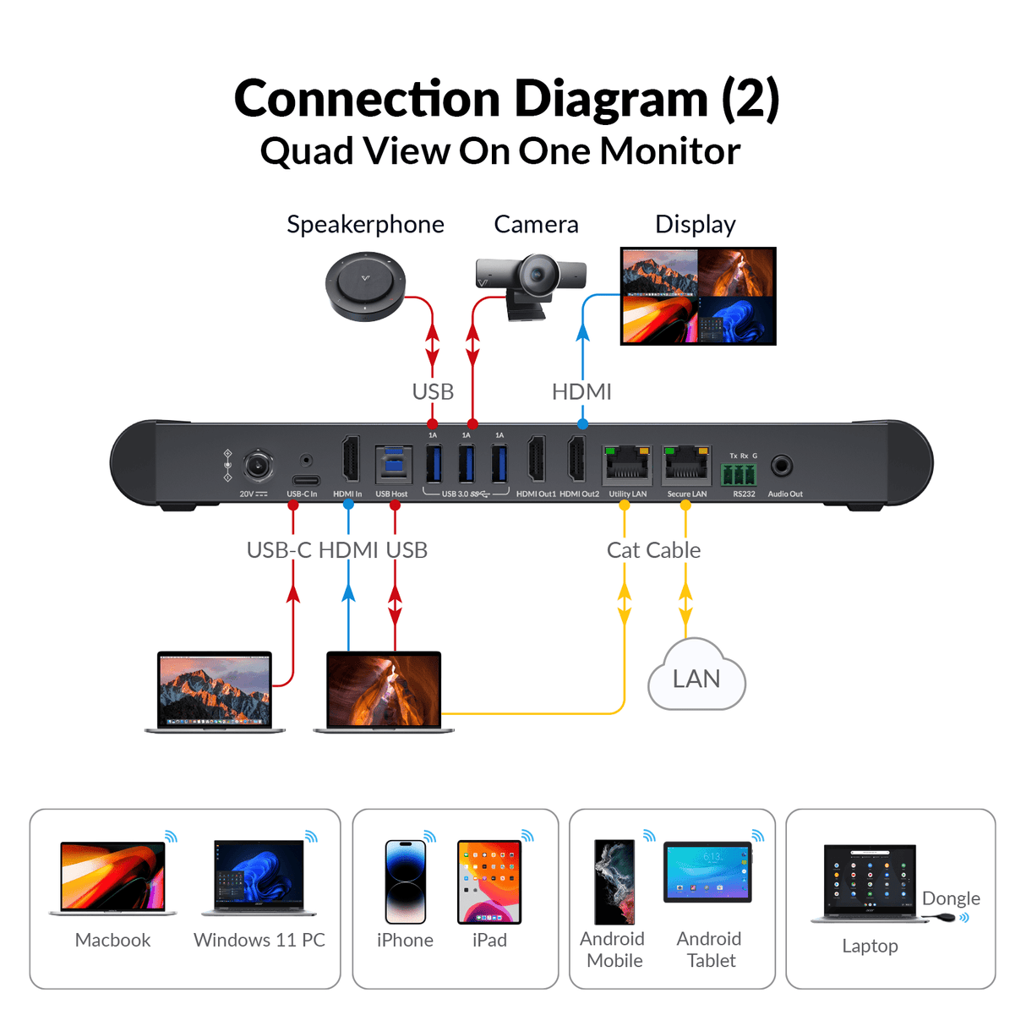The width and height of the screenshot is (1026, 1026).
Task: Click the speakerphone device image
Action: pyautogui.click(x=365, y=286)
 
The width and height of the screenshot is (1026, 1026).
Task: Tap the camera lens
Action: pyautogui.click(x=536, y=276)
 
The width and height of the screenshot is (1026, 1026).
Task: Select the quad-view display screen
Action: pyautogui.click(x=698, y=296)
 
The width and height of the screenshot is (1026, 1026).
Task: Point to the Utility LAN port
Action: pyautogui.click(x=627, y=465)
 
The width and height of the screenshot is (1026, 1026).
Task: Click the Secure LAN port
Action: pyautogui.click(x=686, y=465)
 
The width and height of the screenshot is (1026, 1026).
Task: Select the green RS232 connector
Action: pyautogui.click(x=739, y=473)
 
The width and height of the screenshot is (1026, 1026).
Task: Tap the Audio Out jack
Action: pyautogui.click(x=782, y=466)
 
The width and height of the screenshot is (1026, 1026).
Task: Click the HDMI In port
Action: pyautogui.click(x=349, y=461)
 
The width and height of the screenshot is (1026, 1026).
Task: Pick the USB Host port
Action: pyautogui.click(x=392, y=465)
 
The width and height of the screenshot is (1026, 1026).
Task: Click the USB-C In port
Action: pyautogui.click(x=305, y=480)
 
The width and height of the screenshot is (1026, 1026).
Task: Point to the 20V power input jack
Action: pyautogui.click(x=258, y=466)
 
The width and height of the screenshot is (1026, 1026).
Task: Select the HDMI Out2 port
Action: pyautogui.click(x=577, y=461)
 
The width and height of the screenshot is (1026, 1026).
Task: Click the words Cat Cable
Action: pyautogui.click(x=653, y=550)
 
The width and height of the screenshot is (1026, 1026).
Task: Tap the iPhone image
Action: pyautogui.click(x=405, y=881)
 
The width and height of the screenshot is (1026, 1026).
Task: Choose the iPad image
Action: pyautogui.click(x=489, y=881)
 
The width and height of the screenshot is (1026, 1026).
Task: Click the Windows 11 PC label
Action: pyautogui.click(x=259, y=940)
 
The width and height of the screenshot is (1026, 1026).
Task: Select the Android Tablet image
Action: pyautogui.click(x=707, y=872)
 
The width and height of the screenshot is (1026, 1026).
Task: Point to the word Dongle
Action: pyautogui.click(x=951, y=898)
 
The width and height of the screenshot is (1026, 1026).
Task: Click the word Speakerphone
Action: pyautogui.click(x=365, y=224)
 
